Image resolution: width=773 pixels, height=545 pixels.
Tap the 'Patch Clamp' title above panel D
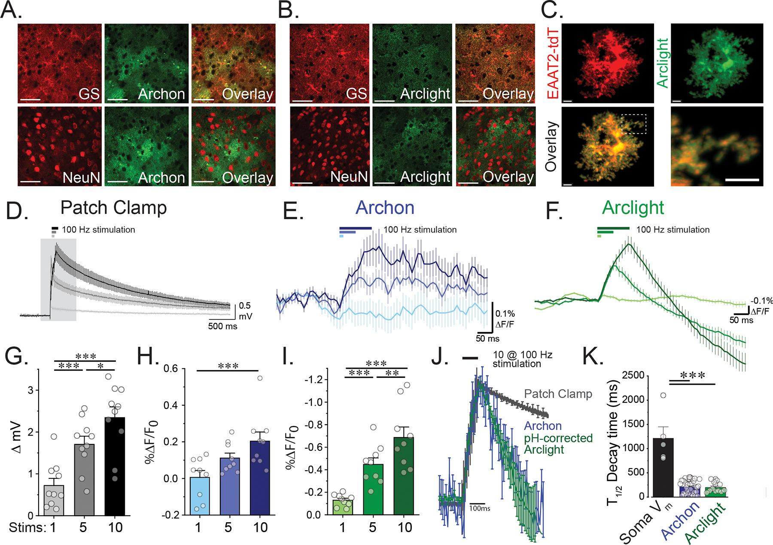[113, 208]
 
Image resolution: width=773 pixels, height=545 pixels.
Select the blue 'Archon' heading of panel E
[385, 208]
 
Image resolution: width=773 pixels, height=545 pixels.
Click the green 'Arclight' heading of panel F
[633, 208]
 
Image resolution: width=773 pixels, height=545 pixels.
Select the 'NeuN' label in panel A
[81, 177]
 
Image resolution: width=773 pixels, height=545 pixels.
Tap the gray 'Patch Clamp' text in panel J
[558, 394]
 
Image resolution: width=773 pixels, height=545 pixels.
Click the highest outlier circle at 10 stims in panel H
[259, 378]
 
